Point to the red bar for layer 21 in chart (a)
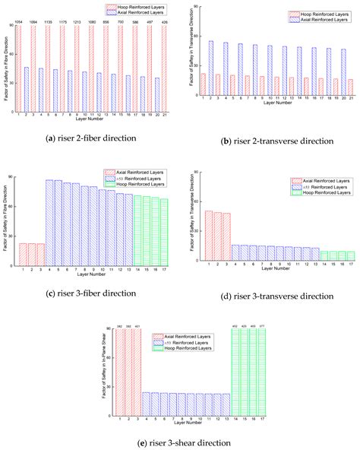164,68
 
